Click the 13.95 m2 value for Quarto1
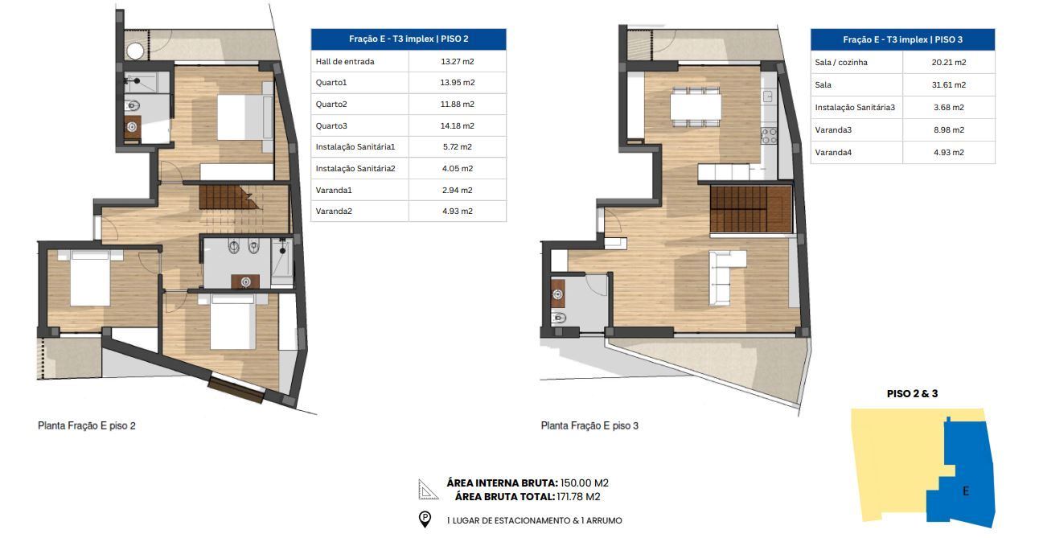457,83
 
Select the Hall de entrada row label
345,61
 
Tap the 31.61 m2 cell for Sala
949,85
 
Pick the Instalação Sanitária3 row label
855,107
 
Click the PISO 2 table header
409,39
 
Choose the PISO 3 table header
902,39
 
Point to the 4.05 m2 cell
457,168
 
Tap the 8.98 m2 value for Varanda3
949,129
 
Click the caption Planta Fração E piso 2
87,425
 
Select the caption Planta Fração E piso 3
589,425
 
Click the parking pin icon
425,520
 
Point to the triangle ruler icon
428,489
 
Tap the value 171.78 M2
578,497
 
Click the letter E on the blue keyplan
965,491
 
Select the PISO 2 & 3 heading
912,394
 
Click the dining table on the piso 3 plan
696,107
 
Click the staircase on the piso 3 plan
750,209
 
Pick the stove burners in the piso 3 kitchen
769,135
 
